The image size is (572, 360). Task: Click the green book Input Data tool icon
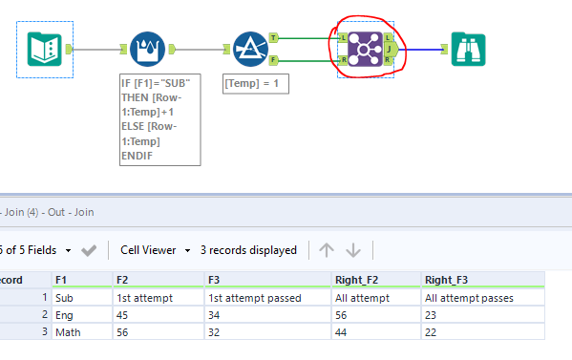click(44, 49)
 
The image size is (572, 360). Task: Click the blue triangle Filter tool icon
click(250, 49)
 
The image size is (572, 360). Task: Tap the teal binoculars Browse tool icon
click(468, 49)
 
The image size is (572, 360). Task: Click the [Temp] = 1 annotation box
click(256, 83)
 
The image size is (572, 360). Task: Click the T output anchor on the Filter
click(275, 39)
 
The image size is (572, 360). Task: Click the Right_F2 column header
click(375, 279)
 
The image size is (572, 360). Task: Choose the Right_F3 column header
click(482, 279)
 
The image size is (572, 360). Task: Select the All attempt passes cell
click(482, 297)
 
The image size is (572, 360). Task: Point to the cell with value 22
click(482, 331)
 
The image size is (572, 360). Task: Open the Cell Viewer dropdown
click(154, 250)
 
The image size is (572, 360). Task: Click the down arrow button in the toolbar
click(353, 250)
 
